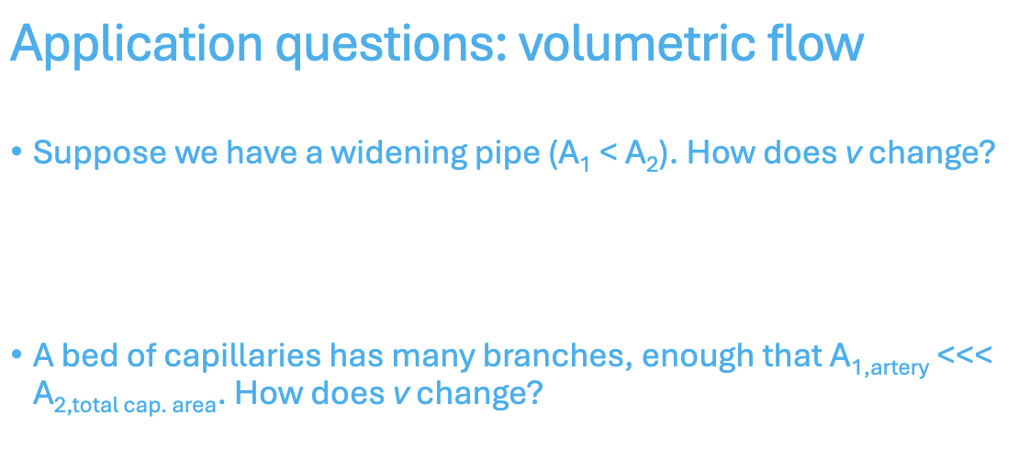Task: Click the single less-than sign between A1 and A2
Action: pos(606,152)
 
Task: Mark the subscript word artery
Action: pos(895,368)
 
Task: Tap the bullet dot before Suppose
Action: pos(17,152)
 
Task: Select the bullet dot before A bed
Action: pos(17,355)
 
